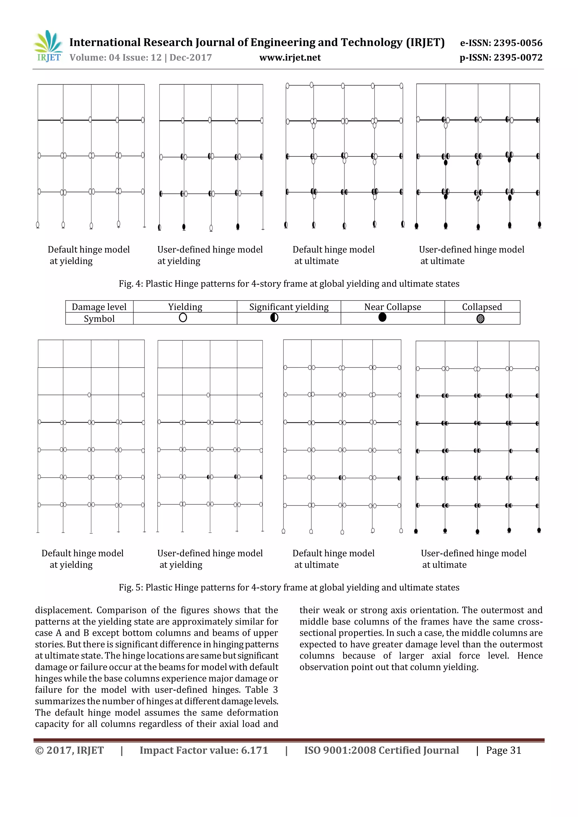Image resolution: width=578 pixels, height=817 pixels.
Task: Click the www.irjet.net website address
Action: click(x=290, y=58)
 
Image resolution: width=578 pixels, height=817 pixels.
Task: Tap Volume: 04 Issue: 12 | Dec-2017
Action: click(x=141, y=58)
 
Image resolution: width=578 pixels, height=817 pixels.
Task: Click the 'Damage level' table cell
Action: click(x=99, y=307)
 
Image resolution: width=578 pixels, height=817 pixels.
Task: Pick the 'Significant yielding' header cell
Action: click(x=289, y=307)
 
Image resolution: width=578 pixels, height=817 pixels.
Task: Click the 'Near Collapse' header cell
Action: click(x=392, y=307)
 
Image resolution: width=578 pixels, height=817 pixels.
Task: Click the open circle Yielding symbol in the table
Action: click(x=183, y=318)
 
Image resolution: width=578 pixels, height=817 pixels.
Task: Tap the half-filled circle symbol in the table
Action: click(x=274, y=318)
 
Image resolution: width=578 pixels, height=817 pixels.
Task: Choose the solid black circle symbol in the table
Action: click(x=382, y=317)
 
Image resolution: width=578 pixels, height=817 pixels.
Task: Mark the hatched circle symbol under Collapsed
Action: click(x=480, y=319)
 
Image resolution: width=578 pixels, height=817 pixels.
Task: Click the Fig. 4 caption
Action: click(x=289, y=284)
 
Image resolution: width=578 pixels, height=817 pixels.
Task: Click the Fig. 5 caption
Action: click(x=289, y=587)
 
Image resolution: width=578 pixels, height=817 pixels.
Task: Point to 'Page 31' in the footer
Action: click(x=503, y=750)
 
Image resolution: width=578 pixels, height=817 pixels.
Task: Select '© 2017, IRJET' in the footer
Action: click(x=69, y=750)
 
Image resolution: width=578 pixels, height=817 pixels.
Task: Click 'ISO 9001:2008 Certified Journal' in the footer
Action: click(x=381, y=750)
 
